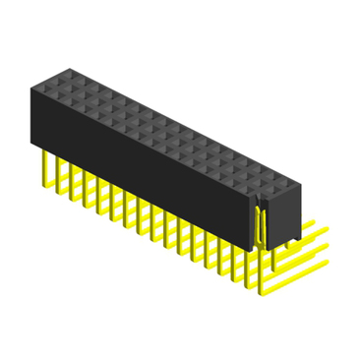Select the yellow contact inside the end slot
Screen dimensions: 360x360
click(261, 222)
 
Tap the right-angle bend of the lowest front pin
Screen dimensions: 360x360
click(263, 293)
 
